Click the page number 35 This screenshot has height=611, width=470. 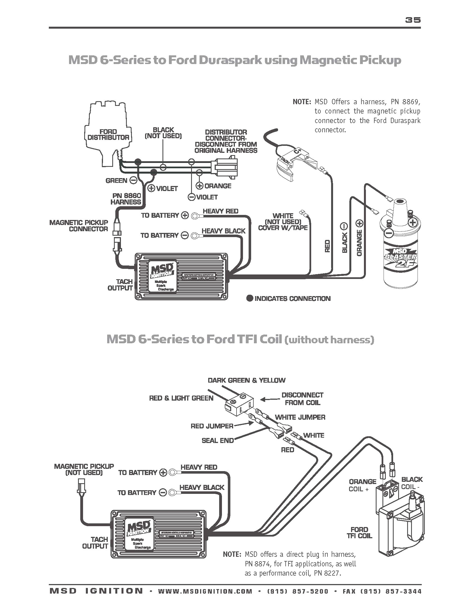pyautogui.click(x=413, y=20)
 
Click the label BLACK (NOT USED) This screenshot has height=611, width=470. pyautogui.click(x=163, y=133)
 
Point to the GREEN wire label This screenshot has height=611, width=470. pyautogui.click(x=116, y=181)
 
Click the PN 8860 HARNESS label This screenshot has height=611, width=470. pyautogui.click(x=126, y=199)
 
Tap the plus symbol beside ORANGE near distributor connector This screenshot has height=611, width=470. pyautogui.click(x=200, y=186)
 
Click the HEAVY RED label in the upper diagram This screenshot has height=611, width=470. pyautogui.click(x=220, y=211)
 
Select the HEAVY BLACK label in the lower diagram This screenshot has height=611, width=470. pyautogui.click(x=202, y=487)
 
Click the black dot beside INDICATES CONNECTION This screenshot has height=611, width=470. pyautogui.click(x=249, y=298)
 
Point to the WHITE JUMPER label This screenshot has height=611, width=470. pyautogui.click(x=300, y=417)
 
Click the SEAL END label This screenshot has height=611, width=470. pyautogui.click(x=217, y=440)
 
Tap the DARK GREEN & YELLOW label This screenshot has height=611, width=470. pyautogui.click(x=246, y=380)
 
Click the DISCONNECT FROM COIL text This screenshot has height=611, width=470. pyautogui.click(x=302, y=399)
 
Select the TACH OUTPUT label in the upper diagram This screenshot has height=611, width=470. pyautogui.click(x=120, y=285)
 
